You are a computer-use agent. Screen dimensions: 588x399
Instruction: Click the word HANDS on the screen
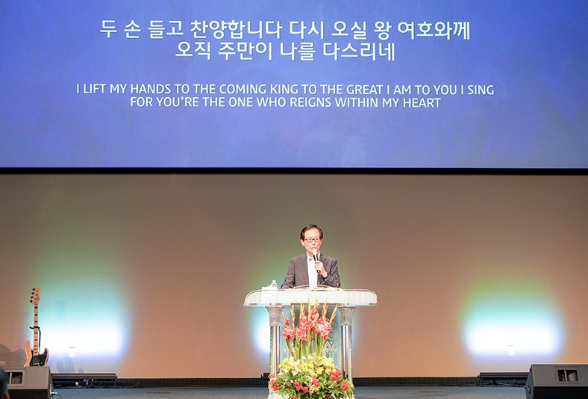(151, 90)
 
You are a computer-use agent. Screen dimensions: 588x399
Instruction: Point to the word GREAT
(364, 90)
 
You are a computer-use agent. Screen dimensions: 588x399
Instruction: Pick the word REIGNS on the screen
(311, 102)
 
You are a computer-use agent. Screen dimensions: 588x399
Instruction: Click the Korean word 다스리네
(359, 52)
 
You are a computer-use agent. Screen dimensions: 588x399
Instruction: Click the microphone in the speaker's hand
(316, 256)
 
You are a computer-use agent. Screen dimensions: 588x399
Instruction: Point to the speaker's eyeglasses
(312, 239)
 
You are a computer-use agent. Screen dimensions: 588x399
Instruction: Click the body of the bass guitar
(36, 353)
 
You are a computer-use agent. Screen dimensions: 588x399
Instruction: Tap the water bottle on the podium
(274, 285)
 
